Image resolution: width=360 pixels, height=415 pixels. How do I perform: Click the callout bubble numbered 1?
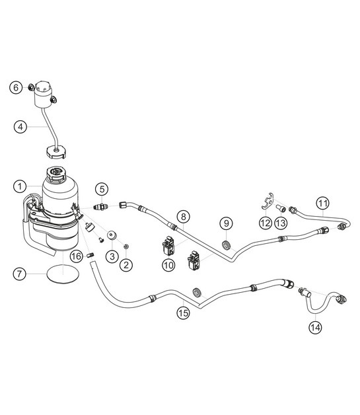[22, 186]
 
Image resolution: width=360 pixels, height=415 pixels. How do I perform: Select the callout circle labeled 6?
[15, 87]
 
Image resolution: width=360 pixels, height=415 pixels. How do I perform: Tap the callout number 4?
[22, 127]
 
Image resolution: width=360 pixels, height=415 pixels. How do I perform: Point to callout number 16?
[77, 256]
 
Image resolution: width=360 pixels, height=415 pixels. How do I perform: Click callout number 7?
[22, 272]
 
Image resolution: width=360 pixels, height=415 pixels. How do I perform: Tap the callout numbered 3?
[112, 256]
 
